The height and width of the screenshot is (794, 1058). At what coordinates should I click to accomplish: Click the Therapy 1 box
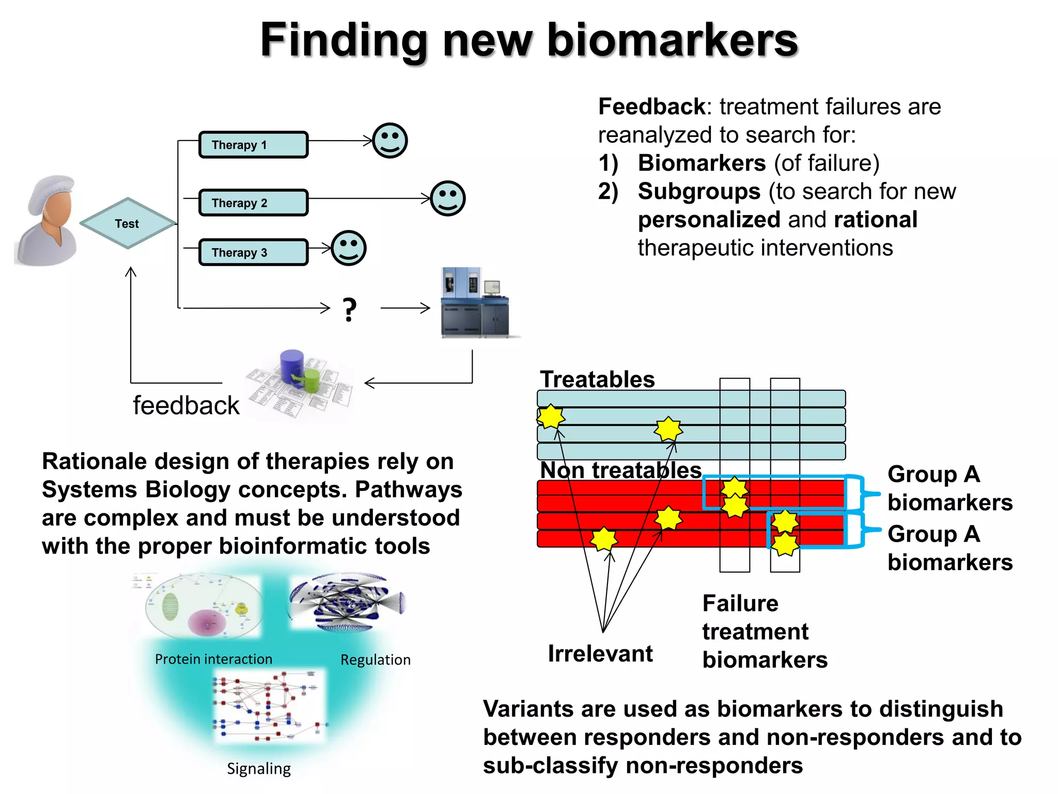pyautogui.click(x=253, y=145)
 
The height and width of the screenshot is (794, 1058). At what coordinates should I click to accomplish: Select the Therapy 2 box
pyautogui.click(x=253, y=203)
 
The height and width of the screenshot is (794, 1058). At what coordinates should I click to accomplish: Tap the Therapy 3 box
pyautogui.click(x=253, y=252)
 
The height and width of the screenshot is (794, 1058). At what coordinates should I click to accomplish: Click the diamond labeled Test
pyautogui.click(x=128, y=223)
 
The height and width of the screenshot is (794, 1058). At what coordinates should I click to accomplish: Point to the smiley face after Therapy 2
pyautogui.click(x=448, y=198)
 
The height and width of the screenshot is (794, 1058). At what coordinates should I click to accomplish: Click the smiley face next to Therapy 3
pyautogui.click(x=349, y=248)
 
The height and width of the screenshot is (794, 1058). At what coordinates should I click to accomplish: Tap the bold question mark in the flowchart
pyautogui.click(x=350, y=310)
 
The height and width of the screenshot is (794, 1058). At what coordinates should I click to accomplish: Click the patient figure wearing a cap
pyautogui.click(x=48, y=221)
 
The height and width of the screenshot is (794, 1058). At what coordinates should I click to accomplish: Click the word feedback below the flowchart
pyautogui.click(x=186, y=405)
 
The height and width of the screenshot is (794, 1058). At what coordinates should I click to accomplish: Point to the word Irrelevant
pyautogui.click(x=600, y=654)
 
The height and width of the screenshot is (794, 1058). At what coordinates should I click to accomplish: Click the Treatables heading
pyautogui.click(x=597, y=379)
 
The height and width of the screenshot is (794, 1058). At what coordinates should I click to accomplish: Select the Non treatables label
pyautogui.click(x=620, y=470)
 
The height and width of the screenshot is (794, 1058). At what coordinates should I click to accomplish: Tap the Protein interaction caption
pyautogui.click(x=213, y=659)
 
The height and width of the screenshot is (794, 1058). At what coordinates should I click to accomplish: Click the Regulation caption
pyautogui.click(x=376, y=660)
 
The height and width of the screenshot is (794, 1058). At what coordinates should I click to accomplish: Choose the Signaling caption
pyautogui.click(x=259, y=769)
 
